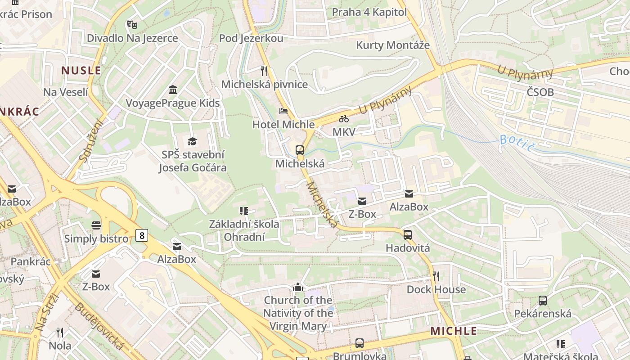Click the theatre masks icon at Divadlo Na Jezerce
[x=132, y=24]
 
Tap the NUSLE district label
[x=81, y=71]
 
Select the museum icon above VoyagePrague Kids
[x=172, y=90]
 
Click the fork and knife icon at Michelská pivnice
[x=264, y=71]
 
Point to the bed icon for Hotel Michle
[x=283, y=111]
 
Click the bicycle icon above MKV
[x=344, y=119]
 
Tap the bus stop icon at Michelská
[x=300, y=150]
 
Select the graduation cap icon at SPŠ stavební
[x=193, y=141]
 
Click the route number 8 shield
[x=142, y=235]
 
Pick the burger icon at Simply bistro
[x=96, y=225]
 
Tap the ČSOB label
[x=540, y=92]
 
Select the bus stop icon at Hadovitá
[x=408, y=234]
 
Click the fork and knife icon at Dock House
[x=436, y=276]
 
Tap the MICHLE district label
[x=454, y=331]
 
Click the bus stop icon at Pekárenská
[x=543, y=300]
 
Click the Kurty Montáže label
[x=393, y=45]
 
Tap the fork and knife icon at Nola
[x=60, y=333]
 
